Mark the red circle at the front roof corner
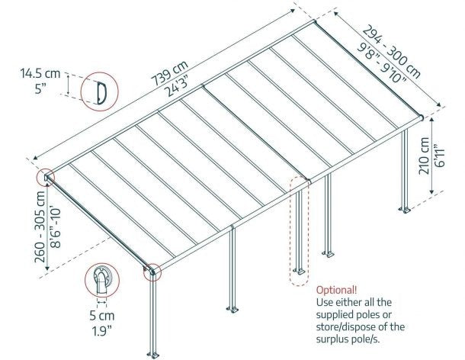click(153, 270)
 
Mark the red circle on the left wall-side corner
click(46, 178)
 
